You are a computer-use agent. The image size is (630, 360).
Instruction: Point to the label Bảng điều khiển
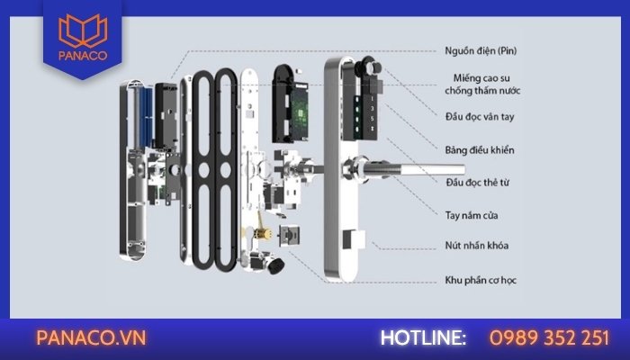[x=481, y=148]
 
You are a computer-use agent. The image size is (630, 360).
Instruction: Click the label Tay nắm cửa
[x=472, y=215]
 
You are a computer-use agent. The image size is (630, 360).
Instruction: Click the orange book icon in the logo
[x=81, y=35]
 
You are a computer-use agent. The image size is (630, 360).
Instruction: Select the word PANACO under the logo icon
[x=81, y=63]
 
